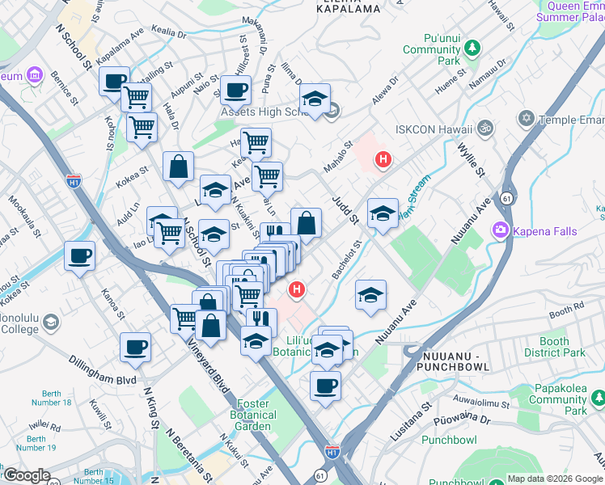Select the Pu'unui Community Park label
tap(453, 49)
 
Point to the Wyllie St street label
tap(470, 159)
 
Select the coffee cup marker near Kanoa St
tap(79, 255)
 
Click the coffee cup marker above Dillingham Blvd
tap(135, 347)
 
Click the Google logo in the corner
tap(27, 476)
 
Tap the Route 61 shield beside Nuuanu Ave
tap(506, 197)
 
